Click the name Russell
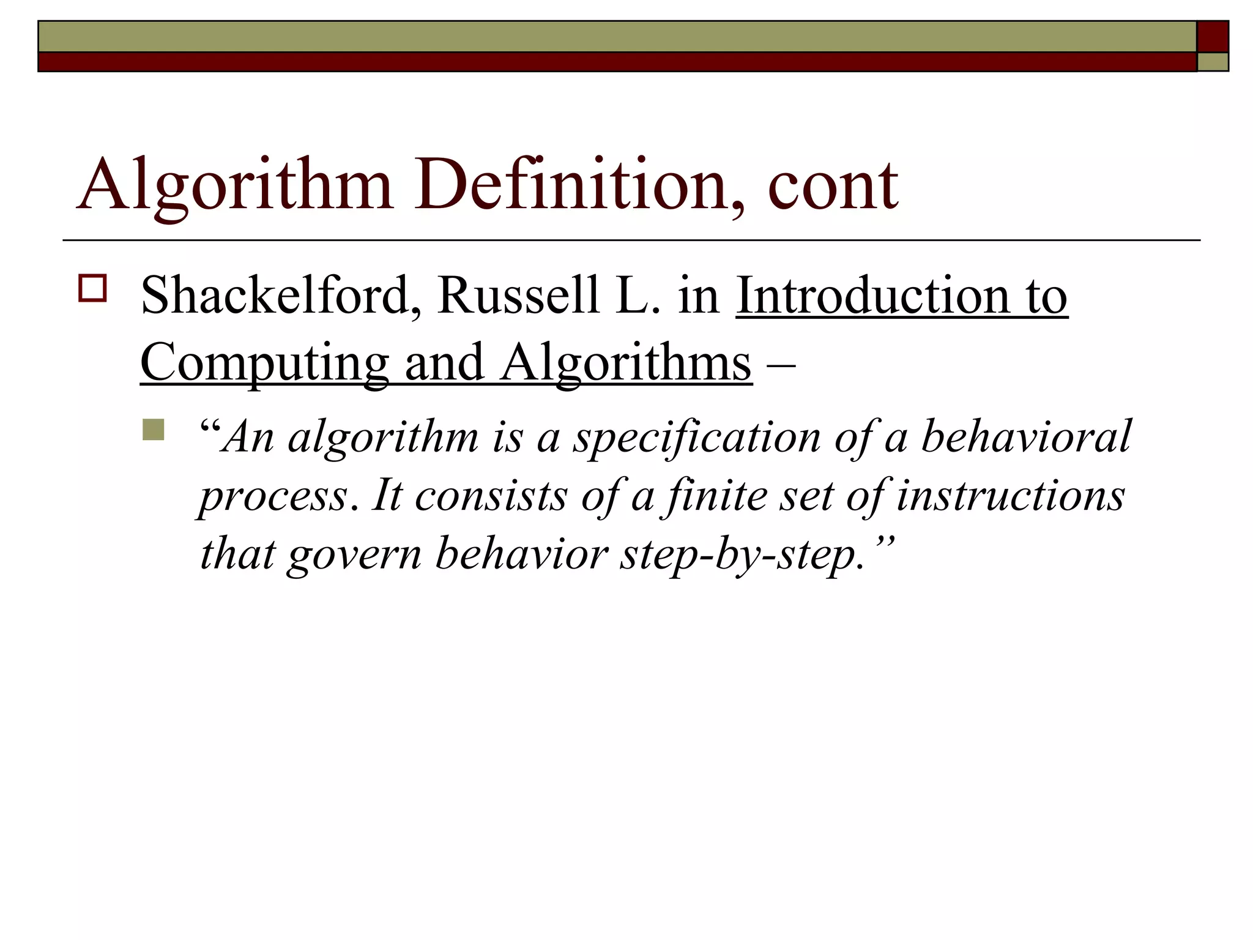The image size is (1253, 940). click(x=518, y=296)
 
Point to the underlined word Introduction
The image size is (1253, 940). click(x=872, y=296)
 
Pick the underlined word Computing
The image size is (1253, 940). click(x=264, y=363)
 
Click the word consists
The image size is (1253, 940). click(x=491, y=496)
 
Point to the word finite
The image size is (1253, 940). click(x=716, y=496)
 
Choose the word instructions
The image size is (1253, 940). click(x=1010, y=496)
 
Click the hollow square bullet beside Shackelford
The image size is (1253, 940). click(x=92, y=288)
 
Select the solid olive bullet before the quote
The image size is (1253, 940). click(x=153, y=430)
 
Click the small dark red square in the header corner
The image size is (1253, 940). click(x=1213, y=37)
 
